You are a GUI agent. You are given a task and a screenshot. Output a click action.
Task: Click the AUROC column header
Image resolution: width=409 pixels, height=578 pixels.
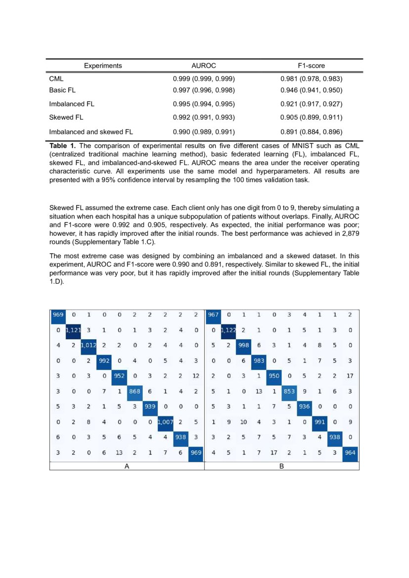click(204, 65)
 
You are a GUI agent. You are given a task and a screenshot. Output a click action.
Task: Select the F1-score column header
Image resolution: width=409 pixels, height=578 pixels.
click(311, 65)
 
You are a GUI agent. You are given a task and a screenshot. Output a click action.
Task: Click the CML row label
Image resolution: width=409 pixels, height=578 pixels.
click(56, 79)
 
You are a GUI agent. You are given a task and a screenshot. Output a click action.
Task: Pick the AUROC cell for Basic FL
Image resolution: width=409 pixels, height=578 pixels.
click(203, 90)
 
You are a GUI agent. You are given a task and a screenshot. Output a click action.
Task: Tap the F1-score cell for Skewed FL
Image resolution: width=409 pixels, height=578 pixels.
click(311, 118)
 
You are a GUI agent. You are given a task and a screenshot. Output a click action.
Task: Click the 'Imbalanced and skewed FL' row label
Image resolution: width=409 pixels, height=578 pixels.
click(91, 132)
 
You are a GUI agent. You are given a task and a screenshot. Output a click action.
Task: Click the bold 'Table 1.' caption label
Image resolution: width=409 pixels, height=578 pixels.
click(63, 146)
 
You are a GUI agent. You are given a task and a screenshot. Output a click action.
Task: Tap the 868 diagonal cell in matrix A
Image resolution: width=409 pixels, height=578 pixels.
click(135, 391)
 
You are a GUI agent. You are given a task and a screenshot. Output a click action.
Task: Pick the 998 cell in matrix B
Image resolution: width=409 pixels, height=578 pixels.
click(243, 346)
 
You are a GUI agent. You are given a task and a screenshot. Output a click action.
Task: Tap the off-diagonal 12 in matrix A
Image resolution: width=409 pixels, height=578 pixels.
click(196, 376)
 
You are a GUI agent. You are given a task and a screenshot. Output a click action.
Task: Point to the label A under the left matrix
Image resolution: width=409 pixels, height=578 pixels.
click(127, 466)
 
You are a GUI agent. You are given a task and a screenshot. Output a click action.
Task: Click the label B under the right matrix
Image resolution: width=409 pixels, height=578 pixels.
click(281, 466)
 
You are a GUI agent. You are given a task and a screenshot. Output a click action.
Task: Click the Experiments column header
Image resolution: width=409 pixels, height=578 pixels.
click(103, 65)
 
